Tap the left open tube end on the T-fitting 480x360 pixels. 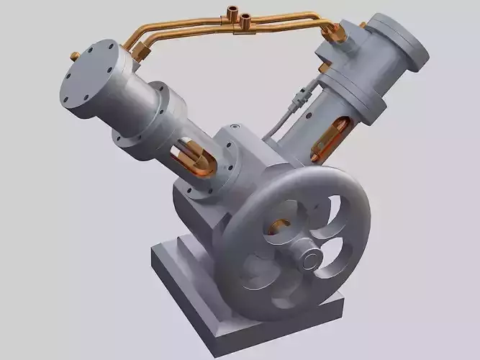pyautogui.click(x=230, y=12)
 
